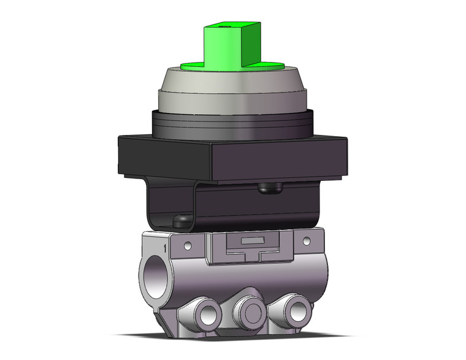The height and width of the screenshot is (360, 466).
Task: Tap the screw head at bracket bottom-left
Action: coord(181,219)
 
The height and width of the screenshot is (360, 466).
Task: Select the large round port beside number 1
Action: coord(155,277)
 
